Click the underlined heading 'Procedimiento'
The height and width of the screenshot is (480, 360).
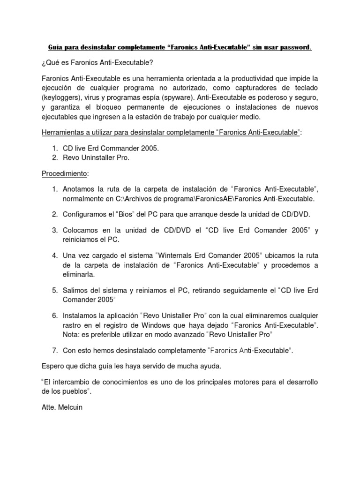pyautogui.click(x=64, y=173)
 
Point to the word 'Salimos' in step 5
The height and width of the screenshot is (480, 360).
pyautogui.click(x=76, y=290)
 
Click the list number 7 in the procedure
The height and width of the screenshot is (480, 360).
pyautogui.click(x=55, y=350)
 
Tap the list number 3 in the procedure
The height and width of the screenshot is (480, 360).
pyautogui.click(x=55, y=230)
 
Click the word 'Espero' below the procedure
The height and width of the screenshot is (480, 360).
pyautogui.click(x=53, y=366)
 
